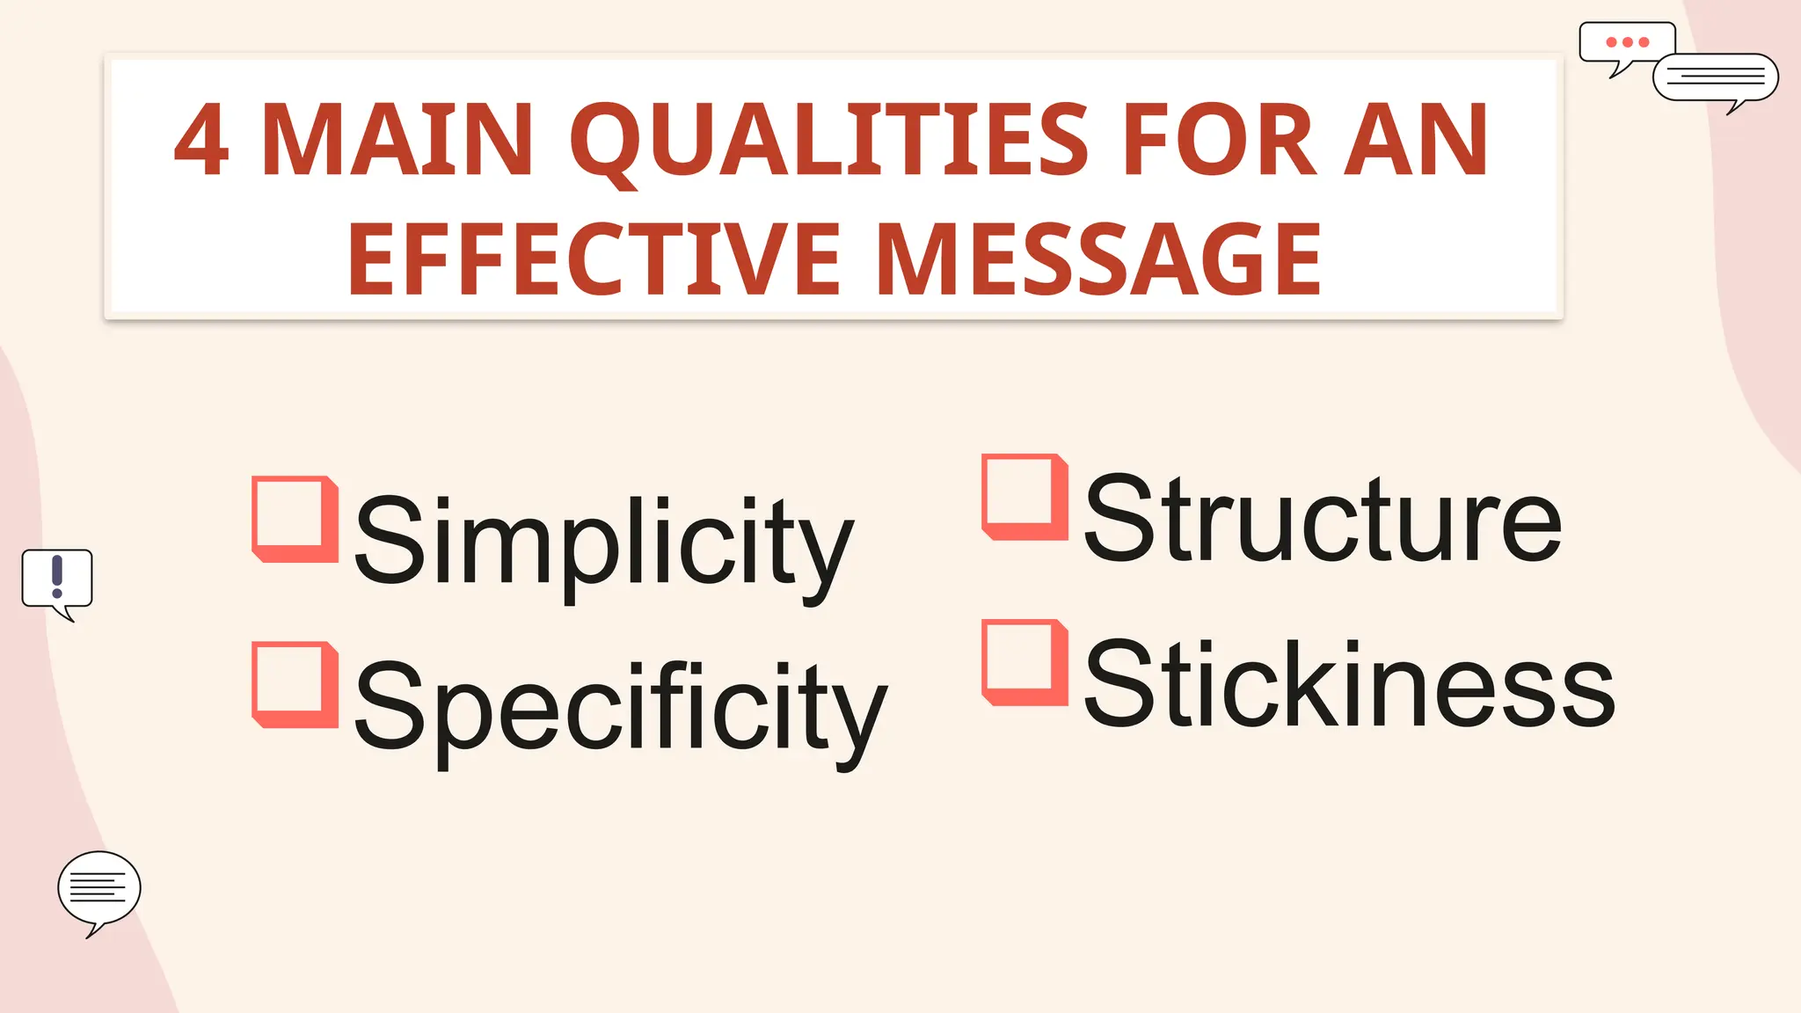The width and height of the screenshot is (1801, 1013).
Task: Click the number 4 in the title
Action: (x=202, y=141)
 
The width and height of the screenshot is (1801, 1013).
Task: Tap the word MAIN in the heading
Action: (x=397, y=141)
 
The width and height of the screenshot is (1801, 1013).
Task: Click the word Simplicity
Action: (x=603, y=541)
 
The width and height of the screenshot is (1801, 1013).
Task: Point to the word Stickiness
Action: (x=1349, y=684)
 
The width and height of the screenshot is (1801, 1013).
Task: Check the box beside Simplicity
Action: (x=295, y=519)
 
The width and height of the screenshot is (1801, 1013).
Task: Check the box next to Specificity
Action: (x=295, y=684)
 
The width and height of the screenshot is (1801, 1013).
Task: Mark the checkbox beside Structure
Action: (x=1024, y=497)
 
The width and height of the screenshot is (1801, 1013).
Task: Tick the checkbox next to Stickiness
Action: (x=1024, y=662)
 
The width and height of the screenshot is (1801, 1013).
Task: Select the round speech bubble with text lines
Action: (x=98, y=888)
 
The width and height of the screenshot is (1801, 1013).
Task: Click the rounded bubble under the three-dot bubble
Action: (x=1716, y=78)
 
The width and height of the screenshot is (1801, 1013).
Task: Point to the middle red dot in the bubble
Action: (x=1628, y=42)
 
